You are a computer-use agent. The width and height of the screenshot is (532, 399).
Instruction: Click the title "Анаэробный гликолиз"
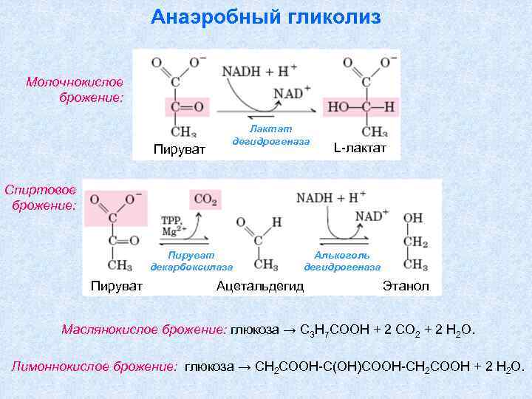pyautogui.click(x=266, y=17)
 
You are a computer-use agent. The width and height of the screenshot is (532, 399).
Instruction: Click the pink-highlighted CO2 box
pyautogui.click(x=205, y=198)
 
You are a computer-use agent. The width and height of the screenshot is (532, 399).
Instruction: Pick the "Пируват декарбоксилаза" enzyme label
pyautogui.click(x=191, y=260)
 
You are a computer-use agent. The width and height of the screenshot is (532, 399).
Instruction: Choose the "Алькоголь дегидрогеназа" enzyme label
pyautogui.click(x=342, y=260)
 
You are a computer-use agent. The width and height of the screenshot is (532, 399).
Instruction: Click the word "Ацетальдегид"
pyautogui.click(x=260, y=286)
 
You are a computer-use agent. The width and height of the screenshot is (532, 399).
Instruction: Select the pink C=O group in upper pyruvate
pyautogui.click(x=186, y=108)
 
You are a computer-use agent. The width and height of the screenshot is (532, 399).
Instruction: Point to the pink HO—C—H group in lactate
pyautogui.click(x=361, y=108)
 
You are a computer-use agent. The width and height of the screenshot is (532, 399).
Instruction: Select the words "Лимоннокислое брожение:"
pyautogui.click(x=94, y=366)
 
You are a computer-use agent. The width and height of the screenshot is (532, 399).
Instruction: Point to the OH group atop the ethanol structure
pyautogui.click(x=413, y=218)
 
